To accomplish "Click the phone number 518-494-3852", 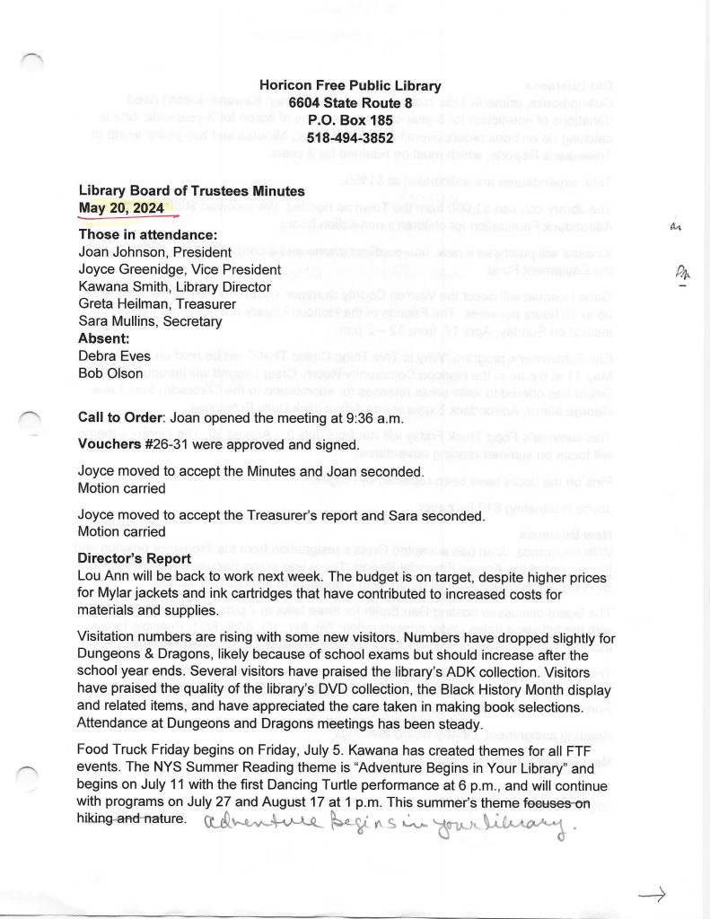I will click(x=350, y=138).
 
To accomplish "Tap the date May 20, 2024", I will click(x=128, y=208).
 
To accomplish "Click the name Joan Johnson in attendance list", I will click(x=118, y=252).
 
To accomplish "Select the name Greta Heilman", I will click(x=118, y=303).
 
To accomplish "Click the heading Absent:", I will click(x=103, y=338).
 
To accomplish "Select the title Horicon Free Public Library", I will click(x=350, y=86).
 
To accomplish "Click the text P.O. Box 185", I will click(x=350, y=120).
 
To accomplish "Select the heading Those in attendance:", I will click(x=148, y=235).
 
